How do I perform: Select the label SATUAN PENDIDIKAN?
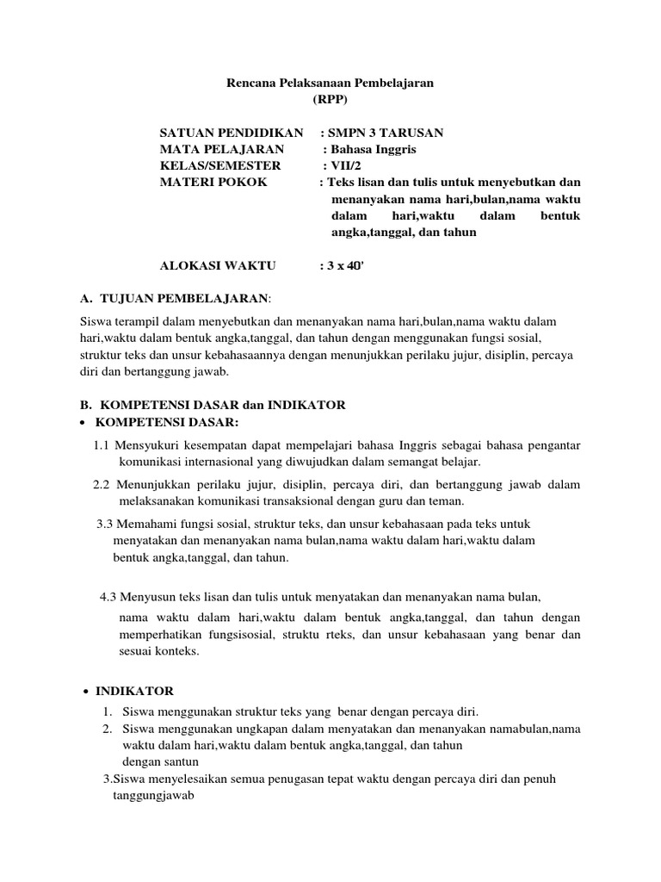coord(232,133)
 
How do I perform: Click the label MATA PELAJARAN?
coord(219,149)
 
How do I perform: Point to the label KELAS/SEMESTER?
coord(220,165)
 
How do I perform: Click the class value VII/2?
coord(343,165)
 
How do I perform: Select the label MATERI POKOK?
coord(213,183)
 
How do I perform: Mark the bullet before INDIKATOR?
coord(86,692)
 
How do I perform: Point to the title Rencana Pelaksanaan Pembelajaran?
coord(330,83)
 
